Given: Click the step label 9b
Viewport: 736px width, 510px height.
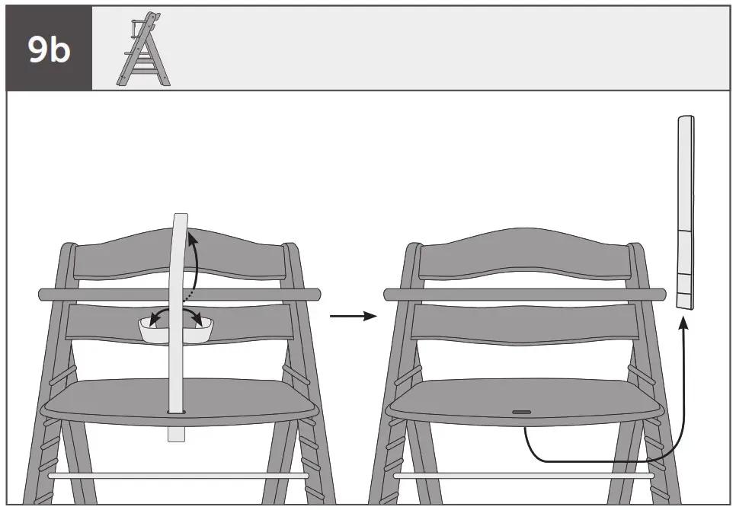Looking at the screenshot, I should tap(48, 49).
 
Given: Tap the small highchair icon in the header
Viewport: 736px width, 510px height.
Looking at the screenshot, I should tap(143, 48).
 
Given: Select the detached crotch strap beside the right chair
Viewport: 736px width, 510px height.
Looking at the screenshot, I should tap(686, 213).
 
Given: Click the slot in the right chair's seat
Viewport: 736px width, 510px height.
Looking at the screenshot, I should tap(522, 412).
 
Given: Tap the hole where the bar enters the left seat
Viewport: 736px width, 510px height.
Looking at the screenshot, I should tap(178, 412).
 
